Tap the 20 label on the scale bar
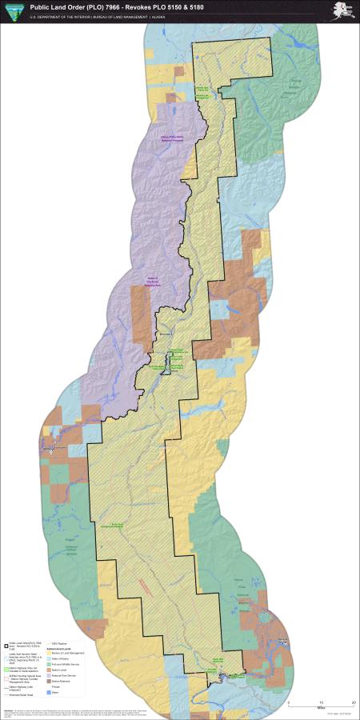[x=353, y=702]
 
